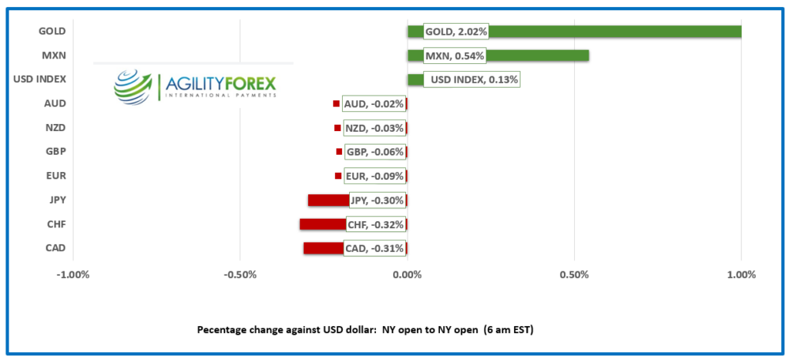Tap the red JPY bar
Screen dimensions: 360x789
(328, 200)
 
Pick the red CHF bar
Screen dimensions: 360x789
(322, 224)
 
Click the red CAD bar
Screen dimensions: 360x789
(323, 248)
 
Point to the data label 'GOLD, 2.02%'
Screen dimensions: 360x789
(455, 32)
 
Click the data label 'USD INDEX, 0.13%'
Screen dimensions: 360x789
(473, 79)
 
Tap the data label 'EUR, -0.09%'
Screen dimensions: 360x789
(374, 177)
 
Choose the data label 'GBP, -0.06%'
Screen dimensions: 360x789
(374, 152)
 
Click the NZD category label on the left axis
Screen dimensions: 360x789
(55, 127)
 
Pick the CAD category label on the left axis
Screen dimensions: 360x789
(55, 248)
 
